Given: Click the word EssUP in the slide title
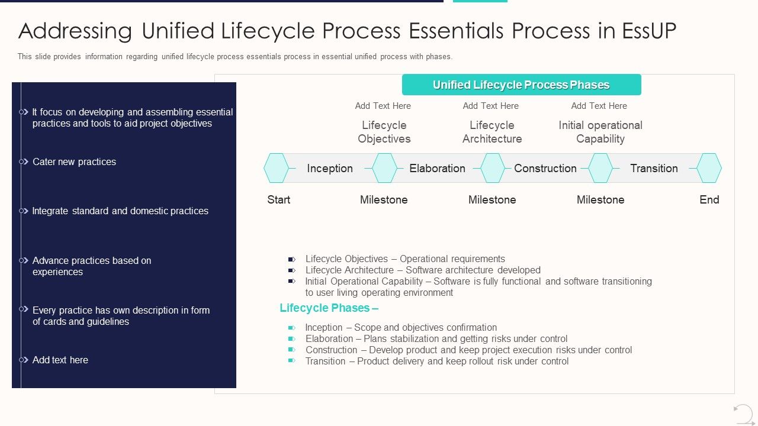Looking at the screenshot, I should tap(649, 31).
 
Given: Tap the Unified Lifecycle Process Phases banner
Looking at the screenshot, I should tap(521, 85).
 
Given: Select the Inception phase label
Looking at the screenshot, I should tap(330, 168).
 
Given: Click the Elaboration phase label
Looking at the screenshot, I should tap(437, 168).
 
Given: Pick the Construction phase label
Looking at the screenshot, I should tap(545, 168).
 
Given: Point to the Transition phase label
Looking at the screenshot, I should tap(654, 168).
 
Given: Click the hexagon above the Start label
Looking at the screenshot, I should tap(276, 168).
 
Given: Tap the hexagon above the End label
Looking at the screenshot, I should tap(709, 168).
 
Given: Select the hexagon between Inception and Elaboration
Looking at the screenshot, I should tap(384, 168).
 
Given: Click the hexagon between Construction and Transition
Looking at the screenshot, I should tap(600, 168).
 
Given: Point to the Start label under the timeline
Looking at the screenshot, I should tap(278, 200).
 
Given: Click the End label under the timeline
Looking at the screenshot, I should tap(709, 200).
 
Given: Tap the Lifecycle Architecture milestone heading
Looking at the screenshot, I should tap(492, 132).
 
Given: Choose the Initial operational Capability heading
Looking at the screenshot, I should tap(600, 132).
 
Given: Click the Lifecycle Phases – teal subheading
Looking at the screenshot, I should tap(329, 308).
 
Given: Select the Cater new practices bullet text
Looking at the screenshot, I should tap(74, 162).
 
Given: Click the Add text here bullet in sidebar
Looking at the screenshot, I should tap(60, 360).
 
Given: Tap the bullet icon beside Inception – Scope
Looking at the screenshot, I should tap(291, 328).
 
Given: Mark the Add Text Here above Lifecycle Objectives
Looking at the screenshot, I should tap(383, 106).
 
